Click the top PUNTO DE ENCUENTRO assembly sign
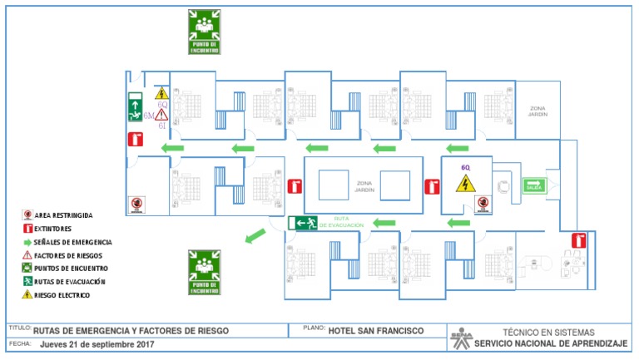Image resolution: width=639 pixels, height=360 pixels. [204, 32]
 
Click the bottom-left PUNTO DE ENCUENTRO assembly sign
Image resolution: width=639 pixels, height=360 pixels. [204, 272]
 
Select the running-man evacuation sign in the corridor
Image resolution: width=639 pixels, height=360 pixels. [303, 223]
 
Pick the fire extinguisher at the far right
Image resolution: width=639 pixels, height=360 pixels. [578, 241]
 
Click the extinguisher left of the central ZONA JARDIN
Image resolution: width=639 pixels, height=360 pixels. [293, 187]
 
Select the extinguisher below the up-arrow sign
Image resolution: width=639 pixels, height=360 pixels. [133, 140]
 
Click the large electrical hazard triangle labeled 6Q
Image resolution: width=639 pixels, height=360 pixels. [466, 182]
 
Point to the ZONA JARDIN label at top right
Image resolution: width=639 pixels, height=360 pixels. [537, 111]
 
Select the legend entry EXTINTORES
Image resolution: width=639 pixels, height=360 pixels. [52, 228]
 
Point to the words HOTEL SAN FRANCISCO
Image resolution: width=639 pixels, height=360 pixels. [375, 331]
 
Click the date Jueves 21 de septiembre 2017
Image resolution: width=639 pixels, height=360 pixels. [97, 344]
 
